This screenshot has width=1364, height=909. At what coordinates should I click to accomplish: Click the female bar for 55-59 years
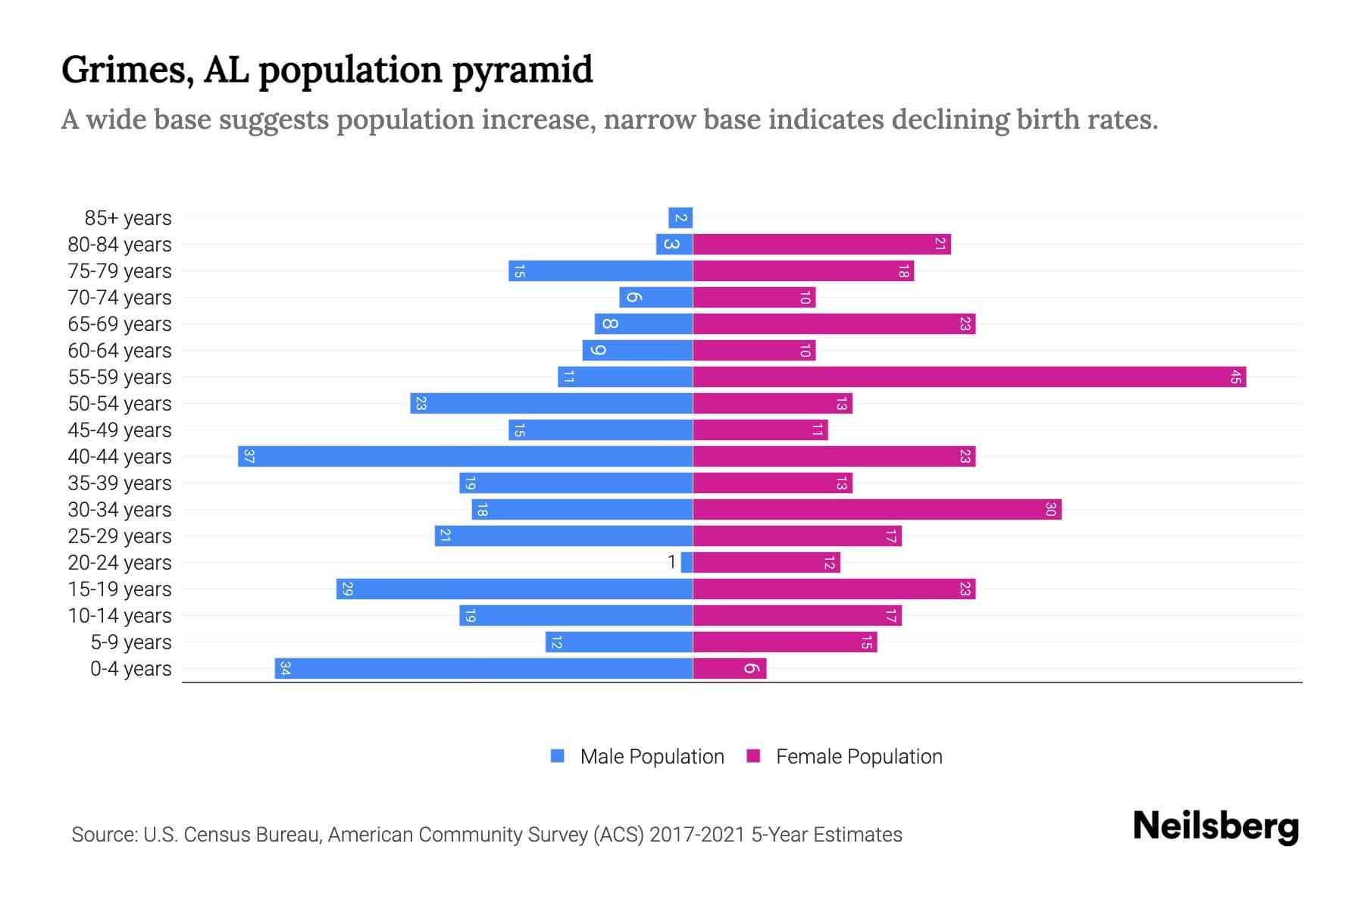pyautogui.click(x=968, y=377)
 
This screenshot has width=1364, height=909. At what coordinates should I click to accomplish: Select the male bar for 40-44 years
pyautogui.click(x=465, y=457)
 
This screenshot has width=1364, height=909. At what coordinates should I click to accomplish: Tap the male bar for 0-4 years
pyautogui.click(x=483, y=669)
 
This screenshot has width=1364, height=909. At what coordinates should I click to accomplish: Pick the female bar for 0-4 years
pyautogui.click(x=729, y=669)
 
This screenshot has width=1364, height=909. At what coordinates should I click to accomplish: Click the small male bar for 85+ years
pyautogui.click(x=680, y=218)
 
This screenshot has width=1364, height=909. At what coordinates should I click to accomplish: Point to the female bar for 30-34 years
pyautogui.click(x=877, y=510)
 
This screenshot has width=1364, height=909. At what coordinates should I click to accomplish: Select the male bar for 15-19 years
pyautogui.click(x=515, y=589)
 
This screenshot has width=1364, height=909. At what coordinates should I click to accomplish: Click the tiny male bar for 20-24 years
pyautogui.click(x=687, y=563)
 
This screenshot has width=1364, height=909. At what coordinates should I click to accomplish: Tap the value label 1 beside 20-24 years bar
pyautogui.click(x=671, y=563)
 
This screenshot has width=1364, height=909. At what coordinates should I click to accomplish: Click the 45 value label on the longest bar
pyautogui.click(x=1235, y=377)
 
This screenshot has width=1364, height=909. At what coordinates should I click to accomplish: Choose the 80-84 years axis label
pyautogui.click(x=120, y=245)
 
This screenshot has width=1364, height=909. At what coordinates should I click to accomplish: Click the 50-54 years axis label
pyautogui.click(x=120, y=404)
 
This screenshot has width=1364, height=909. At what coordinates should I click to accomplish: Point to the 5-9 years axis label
pyautogui.click(x=131, y=642)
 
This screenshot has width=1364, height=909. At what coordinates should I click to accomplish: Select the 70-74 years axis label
pyautogui.click(x=120, y=298)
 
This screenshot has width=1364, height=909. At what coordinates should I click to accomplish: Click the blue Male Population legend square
pyautogui.click(x=558, y=756)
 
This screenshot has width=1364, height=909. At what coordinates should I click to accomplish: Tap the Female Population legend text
pyautogui.click(x=859, y=757)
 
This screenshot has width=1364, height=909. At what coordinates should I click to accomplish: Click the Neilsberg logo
pyautogui.click(x=1215, y=826)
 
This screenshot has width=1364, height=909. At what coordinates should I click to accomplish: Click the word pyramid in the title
pyautogui.click(x=522, y=70)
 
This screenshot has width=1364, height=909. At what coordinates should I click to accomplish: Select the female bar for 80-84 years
pyautogui.click(x=821, y=245)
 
